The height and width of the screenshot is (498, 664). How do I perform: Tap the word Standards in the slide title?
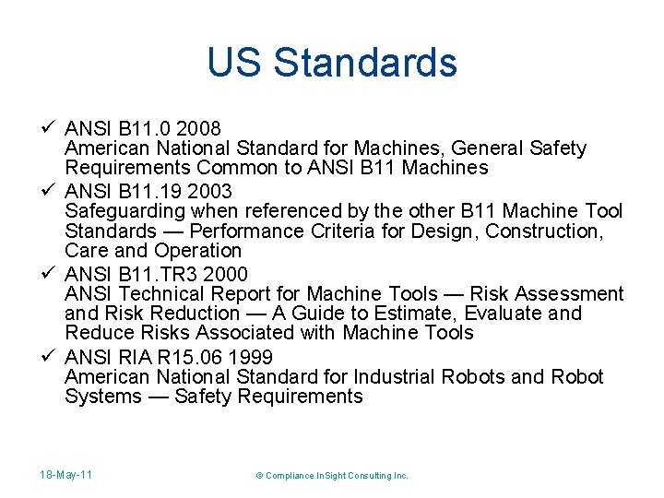pyautogui.click(x=365, y=63)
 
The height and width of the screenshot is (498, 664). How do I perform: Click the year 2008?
pyautogui.click(x=198, y=128)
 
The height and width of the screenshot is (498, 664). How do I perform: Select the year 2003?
pyautogui.click(x=210, y=192)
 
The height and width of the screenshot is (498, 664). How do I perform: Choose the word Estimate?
pyautogui.click(x=456, y=313)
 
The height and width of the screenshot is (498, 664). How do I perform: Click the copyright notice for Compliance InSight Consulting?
pyautogui.click(x=331, y=475)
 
